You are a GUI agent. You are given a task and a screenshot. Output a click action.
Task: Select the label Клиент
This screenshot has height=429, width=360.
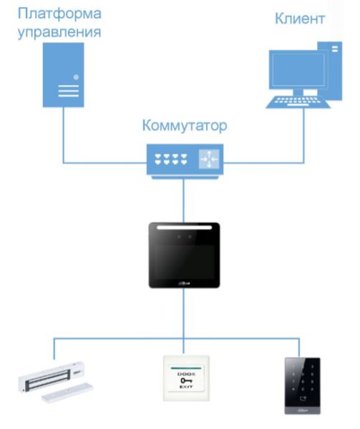coord(300,19)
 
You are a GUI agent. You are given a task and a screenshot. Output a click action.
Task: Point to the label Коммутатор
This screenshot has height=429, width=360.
coord(184,127)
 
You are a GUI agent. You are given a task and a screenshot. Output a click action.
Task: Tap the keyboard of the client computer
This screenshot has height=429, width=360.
coord(293,101)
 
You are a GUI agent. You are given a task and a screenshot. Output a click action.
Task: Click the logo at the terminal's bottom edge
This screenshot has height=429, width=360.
coord(183,283)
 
